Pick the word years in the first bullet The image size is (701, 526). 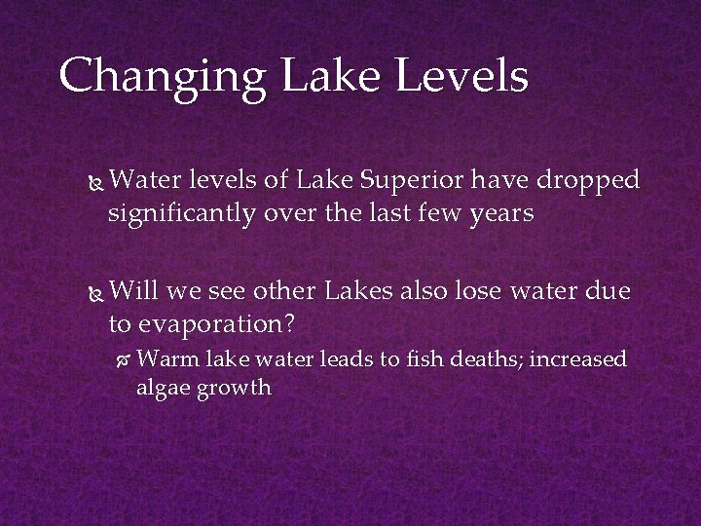click(x=501, y=212)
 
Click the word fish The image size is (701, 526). click(x=416, y=359)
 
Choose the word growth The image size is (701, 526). click(x=233, y=388)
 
